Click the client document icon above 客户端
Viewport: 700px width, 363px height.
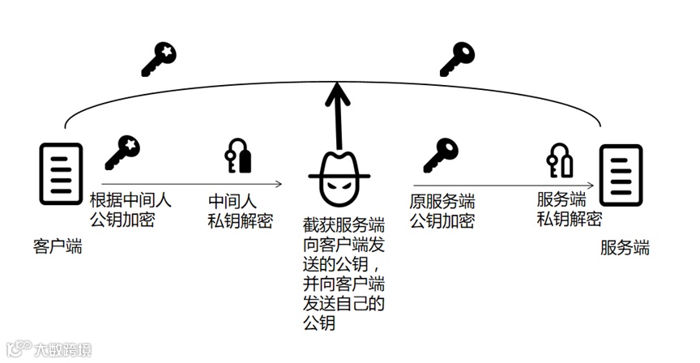coord(62,173)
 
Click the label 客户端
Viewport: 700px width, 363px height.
coord(58,245)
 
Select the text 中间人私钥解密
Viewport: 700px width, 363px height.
coord(241,210)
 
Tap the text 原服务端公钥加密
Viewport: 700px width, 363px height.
coord(442,210)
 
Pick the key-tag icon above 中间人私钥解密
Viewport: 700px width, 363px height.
coord(237,156)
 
